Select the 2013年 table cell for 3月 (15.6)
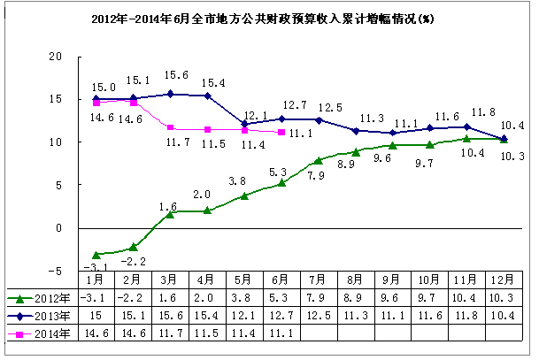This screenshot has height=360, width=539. click(x=170, y=316)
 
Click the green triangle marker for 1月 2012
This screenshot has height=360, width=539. click(x=96, y=255)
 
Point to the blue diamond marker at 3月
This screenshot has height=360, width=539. click(x=170, y=94)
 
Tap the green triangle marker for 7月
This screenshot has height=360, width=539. click(x=319, y=160)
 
